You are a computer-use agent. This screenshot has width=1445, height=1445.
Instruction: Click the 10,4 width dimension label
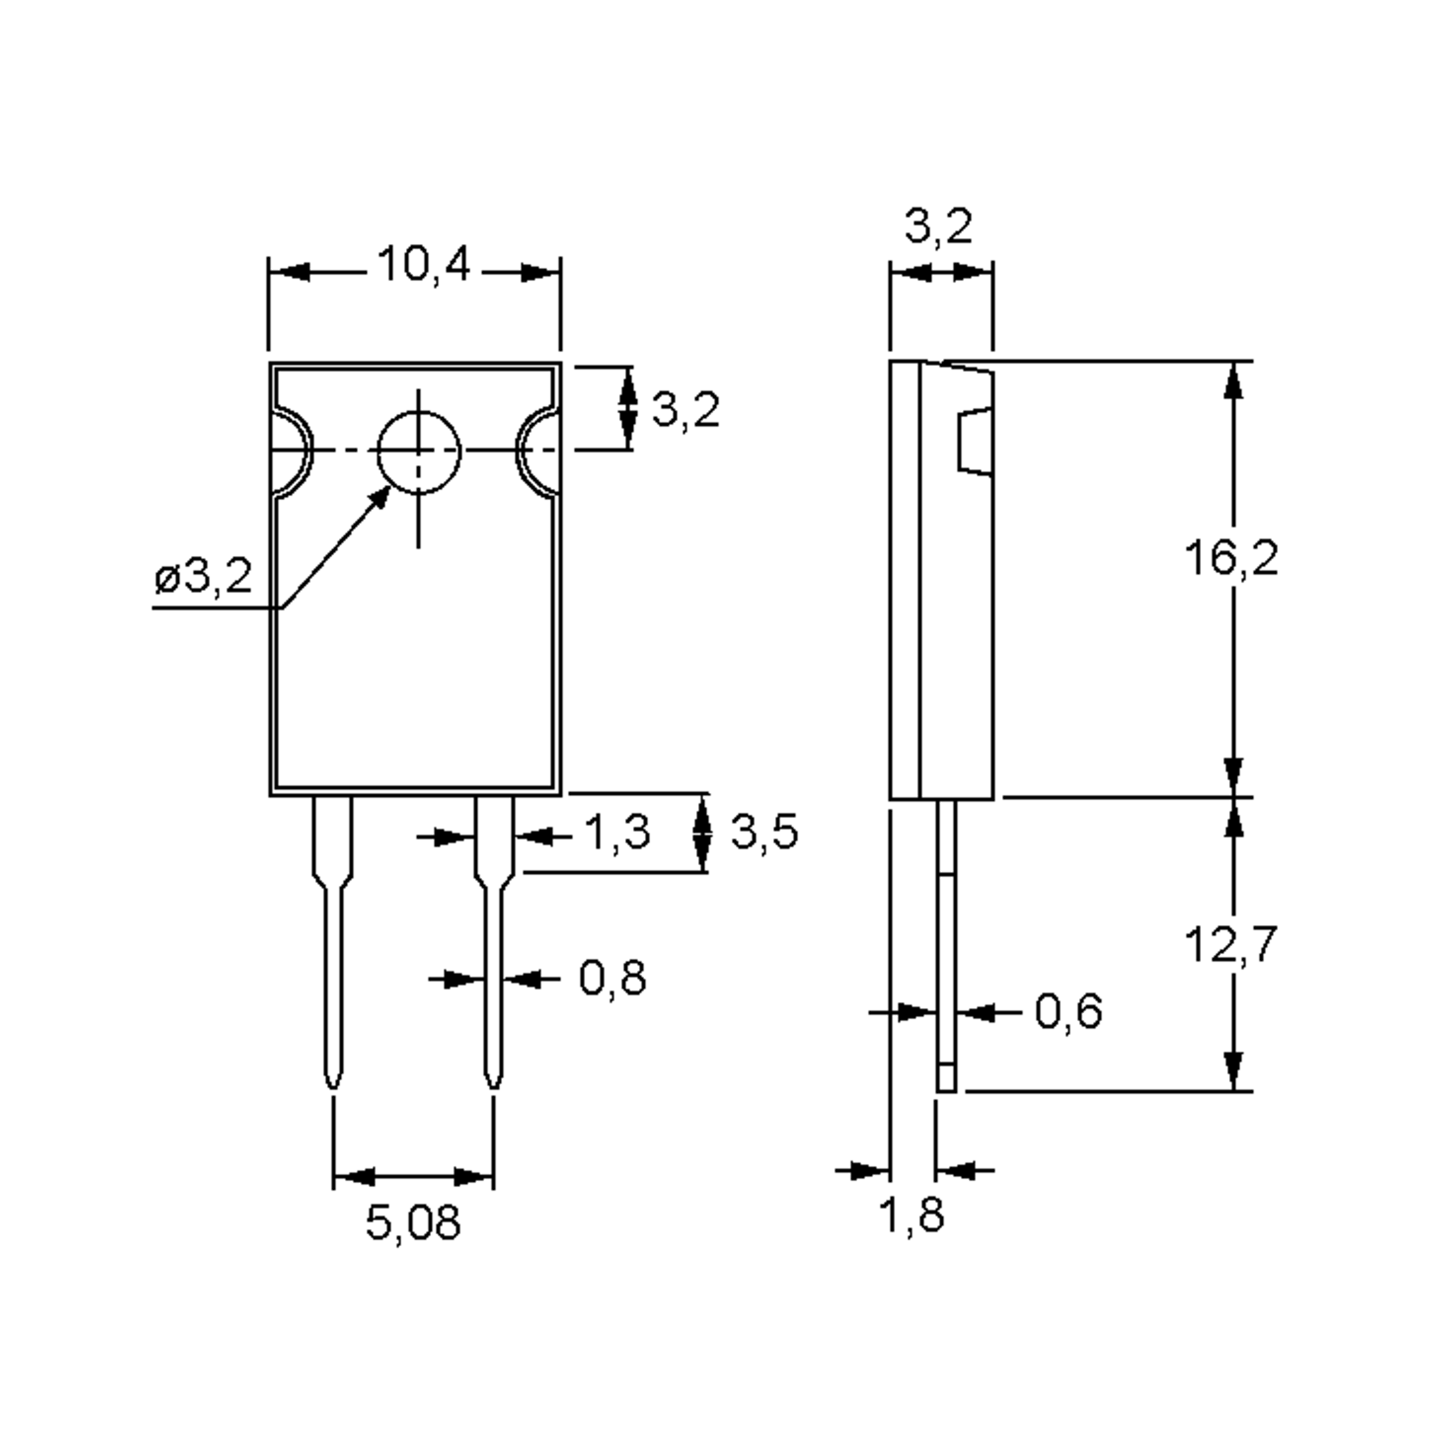click(424, 265)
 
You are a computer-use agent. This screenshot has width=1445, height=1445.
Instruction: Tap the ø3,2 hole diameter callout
click(204, 577)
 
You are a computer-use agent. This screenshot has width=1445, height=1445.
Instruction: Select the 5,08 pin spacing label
click(413, 1223)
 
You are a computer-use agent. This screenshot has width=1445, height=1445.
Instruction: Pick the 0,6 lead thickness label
click(1068, 1012)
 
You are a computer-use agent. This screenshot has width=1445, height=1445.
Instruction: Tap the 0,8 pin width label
click(612, 978)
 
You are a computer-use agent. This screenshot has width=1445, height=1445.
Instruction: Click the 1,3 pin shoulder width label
click(617, 833)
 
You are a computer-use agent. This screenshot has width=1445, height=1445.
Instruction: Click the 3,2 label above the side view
click(939, 226)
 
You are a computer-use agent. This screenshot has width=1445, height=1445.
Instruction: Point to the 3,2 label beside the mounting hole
click(686, 410)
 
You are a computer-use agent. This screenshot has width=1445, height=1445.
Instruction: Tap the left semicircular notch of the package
click(291, 452)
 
